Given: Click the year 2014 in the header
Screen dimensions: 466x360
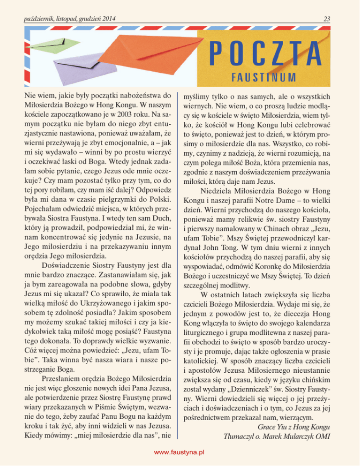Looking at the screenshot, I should point(107,19).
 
